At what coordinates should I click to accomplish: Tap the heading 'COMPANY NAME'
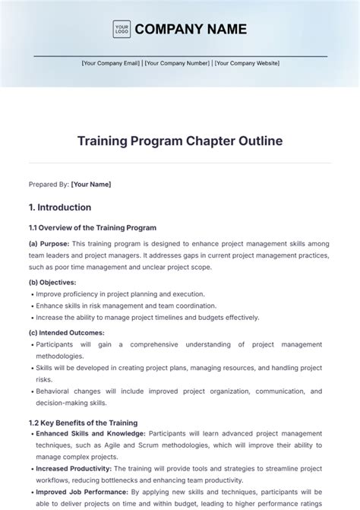pyautogui.click(x=190, y=30)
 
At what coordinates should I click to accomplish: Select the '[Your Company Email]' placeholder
pyautogui.click(x=111, y=64)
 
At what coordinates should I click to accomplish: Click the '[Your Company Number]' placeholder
pyautogui.click(x=177, y=64)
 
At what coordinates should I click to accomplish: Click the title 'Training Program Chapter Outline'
pyautogui.click(x=180, y=141)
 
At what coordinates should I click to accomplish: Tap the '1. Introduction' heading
pyautogui.click(x=60, y=207)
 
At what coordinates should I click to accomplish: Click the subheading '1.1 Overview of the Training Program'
pyautogui.click(x=93, y=228)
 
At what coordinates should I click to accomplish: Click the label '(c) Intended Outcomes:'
pyautogui.click(x=67, y=332)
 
